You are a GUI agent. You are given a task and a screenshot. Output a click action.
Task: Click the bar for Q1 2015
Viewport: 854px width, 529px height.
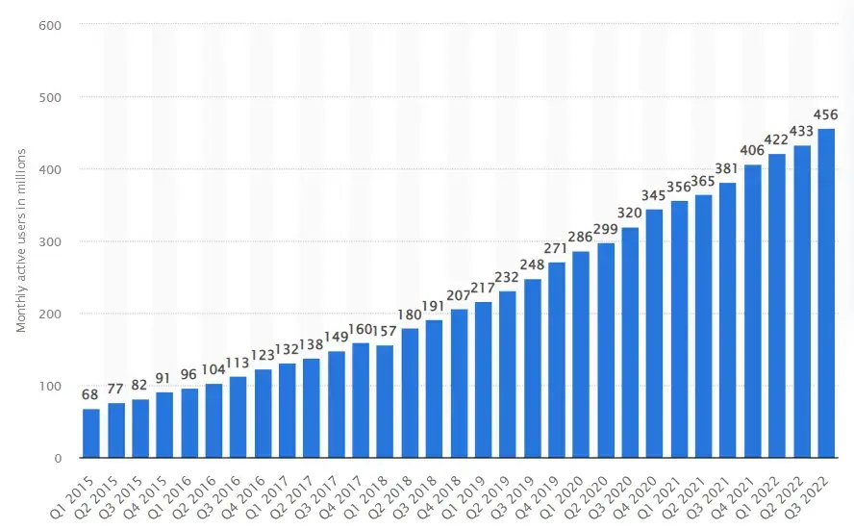click(91, 434)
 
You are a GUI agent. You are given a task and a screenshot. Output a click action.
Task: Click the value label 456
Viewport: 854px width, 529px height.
click(826, 114)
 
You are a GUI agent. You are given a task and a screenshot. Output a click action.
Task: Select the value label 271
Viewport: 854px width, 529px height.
click(557, 248)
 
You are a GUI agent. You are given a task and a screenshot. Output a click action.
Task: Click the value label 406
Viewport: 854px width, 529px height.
click(752, 150)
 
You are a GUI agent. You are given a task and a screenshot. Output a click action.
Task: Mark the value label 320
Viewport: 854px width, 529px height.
click(630, 213)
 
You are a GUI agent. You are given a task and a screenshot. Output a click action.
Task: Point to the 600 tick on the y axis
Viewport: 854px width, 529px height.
click(50, 25)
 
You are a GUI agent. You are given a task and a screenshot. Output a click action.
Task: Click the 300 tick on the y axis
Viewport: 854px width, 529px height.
click(50, 241)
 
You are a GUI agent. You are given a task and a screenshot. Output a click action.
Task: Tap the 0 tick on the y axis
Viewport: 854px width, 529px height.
click(58, 458)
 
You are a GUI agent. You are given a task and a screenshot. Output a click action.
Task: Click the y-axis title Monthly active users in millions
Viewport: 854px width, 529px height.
click(20, 241)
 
